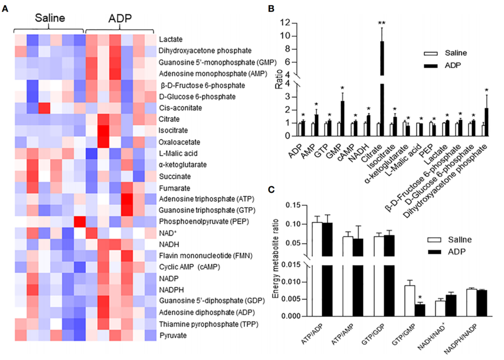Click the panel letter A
(5, 7)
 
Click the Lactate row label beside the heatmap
(171, 39)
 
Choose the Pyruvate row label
(173, 335)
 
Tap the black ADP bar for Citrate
(382, 85)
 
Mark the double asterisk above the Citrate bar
(382, 23)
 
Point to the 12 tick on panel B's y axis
(285, 23)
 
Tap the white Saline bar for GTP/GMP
(409, 300)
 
